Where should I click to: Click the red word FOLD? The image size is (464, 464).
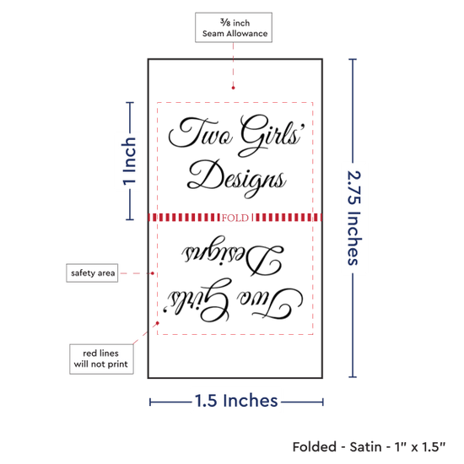[x=235, y=219]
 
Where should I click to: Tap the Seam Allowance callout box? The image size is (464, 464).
[x=234, y=28]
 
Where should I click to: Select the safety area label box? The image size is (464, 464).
[x=92, y=272]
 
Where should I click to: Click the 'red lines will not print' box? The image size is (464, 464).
[x=101, y=359]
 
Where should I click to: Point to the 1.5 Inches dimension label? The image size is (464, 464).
[x=236, y=401]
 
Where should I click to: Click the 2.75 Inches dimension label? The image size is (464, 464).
[x=354, y=218]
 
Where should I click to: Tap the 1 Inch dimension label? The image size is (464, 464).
[x=129, y=161]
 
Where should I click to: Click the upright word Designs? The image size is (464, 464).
[x=236, y=179]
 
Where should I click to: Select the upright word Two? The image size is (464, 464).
[x=201, y=132]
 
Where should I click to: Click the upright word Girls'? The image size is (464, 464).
[x=272, y=135]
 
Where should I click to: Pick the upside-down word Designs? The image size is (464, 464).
[x=233, y=256]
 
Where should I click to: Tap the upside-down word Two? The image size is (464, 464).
[x=269, y=304]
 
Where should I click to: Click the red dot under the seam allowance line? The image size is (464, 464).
[x=233, y=88]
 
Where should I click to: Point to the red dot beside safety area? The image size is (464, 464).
[x=153, y=273]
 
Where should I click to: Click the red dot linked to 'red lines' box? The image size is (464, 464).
[x=158, y=323]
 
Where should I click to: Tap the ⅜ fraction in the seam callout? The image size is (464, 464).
[x=225, y=22]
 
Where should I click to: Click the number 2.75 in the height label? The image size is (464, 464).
[x=354, y=187]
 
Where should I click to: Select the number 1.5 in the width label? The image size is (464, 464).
[x=206, y=401]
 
